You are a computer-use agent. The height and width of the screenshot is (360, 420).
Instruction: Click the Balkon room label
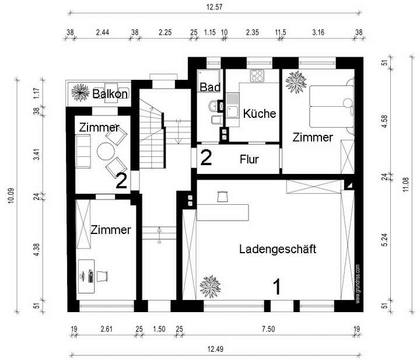click(111, 92)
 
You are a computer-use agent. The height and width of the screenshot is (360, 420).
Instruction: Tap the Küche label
click(260, 113)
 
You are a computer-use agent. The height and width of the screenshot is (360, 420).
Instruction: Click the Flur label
click(249, 159)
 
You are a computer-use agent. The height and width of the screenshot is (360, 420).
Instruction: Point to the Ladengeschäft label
click(278, 249)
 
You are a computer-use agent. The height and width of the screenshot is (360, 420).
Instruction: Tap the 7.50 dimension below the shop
click(267, 330)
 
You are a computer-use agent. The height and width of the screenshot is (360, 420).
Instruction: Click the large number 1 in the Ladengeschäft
click(278, 286)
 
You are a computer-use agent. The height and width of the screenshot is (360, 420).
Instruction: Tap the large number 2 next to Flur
click(206, 158)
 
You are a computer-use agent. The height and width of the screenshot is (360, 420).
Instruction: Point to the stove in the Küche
click(258, 76)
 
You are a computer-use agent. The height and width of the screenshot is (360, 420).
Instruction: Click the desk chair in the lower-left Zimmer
click(103, 275)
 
